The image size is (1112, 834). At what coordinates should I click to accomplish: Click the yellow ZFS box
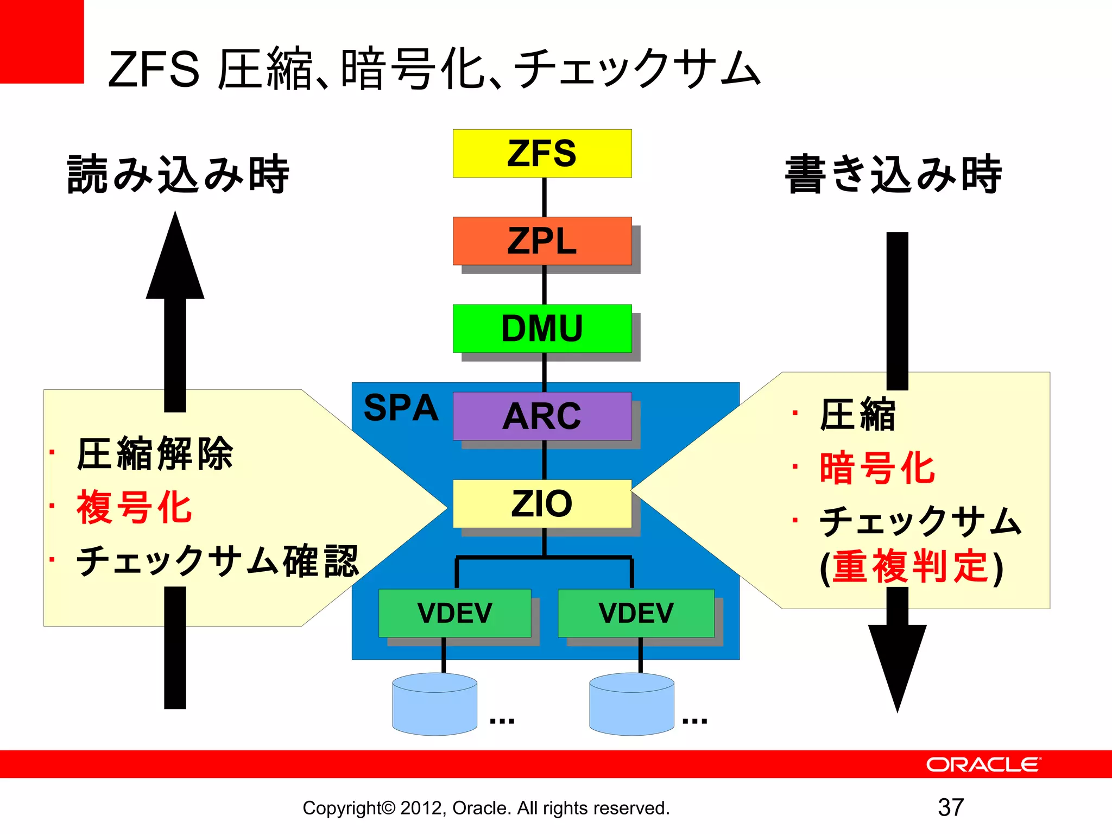coord(542,153)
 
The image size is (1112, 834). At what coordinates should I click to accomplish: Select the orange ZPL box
coord(542,241)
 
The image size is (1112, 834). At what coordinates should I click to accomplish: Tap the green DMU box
coord(542,328)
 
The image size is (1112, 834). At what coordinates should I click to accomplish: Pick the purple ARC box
coord(542,416)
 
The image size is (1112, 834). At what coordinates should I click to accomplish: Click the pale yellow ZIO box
coord(542,503)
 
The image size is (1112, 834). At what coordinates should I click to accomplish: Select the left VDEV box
coord(454,613)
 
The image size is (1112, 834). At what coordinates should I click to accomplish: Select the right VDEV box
coord(636,613)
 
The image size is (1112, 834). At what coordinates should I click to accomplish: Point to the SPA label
coord(401,408)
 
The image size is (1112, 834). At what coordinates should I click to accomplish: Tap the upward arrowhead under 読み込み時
coord(175,261)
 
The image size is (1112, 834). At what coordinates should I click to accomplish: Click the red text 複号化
coord(134,507)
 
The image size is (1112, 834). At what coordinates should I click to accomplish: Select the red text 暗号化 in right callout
coord(877,468)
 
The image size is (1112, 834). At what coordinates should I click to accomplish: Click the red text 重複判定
coord(911,566)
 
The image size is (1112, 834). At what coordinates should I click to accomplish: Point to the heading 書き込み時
coord(893,174)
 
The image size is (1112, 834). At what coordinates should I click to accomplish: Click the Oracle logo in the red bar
coord(983,764)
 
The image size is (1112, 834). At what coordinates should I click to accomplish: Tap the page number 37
coord(951,807)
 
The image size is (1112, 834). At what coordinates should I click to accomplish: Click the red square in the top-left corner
coord(42,41)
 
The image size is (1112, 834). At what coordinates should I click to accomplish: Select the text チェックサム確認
coord(217,561)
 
